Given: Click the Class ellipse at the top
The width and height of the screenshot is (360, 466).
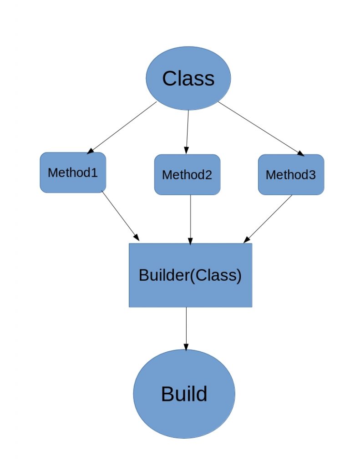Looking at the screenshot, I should (188, 78).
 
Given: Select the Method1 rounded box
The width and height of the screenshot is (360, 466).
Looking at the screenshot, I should (73, 172).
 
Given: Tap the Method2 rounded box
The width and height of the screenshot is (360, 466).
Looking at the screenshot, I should (187, 175).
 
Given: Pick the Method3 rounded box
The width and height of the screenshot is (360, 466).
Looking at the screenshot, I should (291, 175).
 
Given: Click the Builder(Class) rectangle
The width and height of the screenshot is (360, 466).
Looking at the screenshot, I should (190, 275).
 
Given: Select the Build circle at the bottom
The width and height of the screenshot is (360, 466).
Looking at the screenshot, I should (184, 394).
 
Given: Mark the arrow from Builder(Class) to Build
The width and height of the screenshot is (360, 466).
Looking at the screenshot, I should (186, 328).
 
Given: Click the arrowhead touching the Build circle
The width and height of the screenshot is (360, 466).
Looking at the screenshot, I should (186, 347).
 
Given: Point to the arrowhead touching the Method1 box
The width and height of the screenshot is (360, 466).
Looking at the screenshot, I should (90, 151).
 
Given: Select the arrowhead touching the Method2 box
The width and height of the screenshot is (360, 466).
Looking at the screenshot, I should (186, 151).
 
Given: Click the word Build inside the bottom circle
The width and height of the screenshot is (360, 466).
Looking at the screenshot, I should (184, 394).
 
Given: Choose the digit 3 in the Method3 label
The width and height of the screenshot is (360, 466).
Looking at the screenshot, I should (312, 175).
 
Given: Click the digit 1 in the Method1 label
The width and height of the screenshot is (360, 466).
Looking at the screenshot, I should (95, 172).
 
